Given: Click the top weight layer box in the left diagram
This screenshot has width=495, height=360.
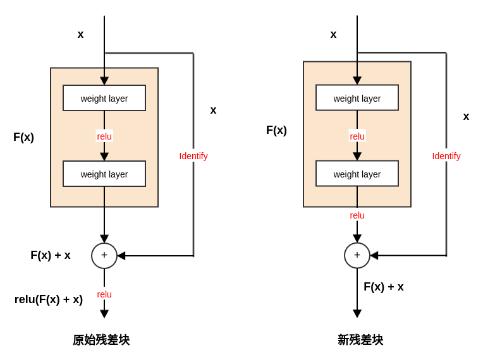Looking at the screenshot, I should tap(104, 98).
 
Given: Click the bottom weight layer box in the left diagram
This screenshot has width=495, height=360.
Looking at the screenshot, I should tap(104, 174).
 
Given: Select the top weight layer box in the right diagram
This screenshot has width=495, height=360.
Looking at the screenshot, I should tap(357, 98).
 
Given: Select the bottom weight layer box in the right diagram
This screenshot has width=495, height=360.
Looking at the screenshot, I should tap(357, 174).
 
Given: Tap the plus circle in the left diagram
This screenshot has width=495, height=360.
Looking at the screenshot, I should tap(104, 256).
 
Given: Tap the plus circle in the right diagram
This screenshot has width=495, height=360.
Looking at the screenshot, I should tap(357, 256).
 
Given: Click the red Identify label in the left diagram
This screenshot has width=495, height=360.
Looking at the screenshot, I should tap(193, 156).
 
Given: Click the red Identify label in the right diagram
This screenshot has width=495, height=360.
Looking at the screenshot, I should tap(446, 156).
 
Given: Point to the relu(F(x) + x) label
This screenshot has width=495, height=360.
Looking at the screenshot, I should tap(49, 299).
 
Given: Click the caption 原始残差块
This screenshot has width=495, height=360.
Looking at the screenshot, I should tap(101, 340).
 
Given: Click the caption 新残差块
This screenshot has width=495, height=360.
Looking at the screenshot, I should tap(360, 340).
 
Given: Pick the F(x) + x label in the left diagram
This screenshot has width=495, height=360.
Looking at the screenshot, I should tap(51, 255).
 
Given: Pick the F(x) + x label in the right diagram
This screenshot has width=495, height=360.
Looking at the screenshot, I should tap(384, 287).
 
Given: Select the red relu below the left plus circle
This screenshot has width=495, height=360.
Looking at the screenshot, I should tap(104, 294).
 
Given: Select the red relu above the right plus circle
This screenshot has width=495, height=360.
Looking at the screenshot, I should tap(357, 215).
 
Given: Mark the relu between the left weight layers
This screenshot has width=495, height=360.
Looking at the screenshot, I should tap(104, 136).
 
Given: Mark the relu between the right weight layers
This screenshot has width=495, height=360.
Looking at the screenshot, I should tap(357, 136).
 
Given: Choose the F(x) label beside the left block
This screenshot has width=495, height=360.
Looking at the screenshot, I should tap(23, 137).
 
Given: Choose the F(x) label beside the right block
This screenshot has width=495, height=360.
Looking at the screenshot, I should tap(276, 130).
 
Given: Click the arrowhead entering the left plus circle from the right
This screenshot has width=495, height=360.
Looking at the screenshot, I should tap(121, 256).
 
